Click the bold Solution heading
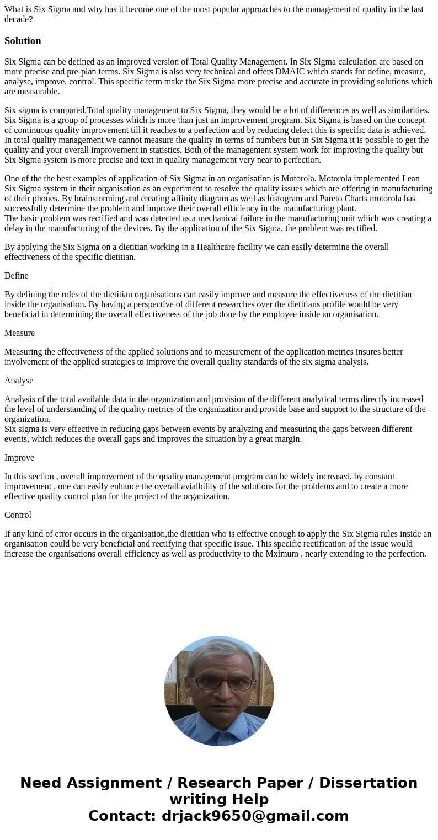pyautogui.click(x=23, y=41)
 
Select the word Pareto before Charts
pyautogui.click(x=317, y=199)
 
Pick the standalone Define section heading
pyautogui.click(x=16, y=276)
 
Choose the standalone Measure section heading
pyautogui.click(x=19, y=333)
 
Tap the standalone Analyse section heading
pyautogui.click(x=19, y=381)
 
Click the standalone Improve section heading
pyautogui.click(x=19, y=458)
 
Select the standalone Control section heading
pyautogui.click(x=18, y=515)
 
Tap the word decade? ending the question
pyautogui.click(x=18, y=19)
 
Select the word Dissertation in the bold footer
pyautogui.click(x=368, y=783)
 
